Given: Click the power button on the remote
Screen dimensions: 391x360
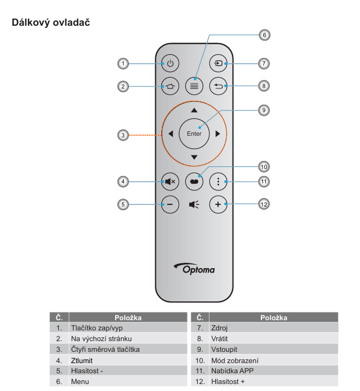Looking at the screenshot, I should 170,64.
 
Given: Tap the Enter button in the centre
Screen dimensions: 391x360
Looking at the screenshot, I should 194,134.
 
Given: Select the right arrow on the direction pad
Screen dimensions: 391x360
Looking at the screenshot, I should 217,134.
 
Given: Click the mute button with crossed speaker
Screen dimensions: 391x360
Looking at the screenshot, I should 170,182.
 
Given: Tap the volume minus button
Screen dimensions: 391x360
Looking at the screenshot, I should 170,204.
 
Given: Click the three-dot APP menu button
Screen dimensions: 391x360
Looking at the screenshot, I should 218,182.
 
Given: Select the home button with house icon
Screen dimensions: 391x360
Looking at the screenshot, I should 170,85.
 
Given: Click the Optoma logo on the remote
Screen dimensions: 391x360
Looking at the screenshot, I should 194,269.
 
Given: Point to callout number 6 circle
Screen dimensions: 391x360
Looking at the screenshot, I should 263,35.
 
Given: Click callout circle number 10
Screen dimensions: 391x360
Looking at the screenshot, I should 263,166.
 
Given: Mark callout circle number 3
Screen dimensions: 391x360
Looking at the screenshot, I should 123,135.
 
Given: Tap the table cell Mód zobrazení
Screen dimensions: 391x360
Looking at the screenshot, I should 235,360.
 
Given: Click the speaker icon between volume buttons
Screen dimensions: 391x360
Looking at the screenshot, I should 194,204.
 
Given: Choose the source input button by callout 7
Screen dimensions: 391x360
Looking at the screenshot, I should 218,64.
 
